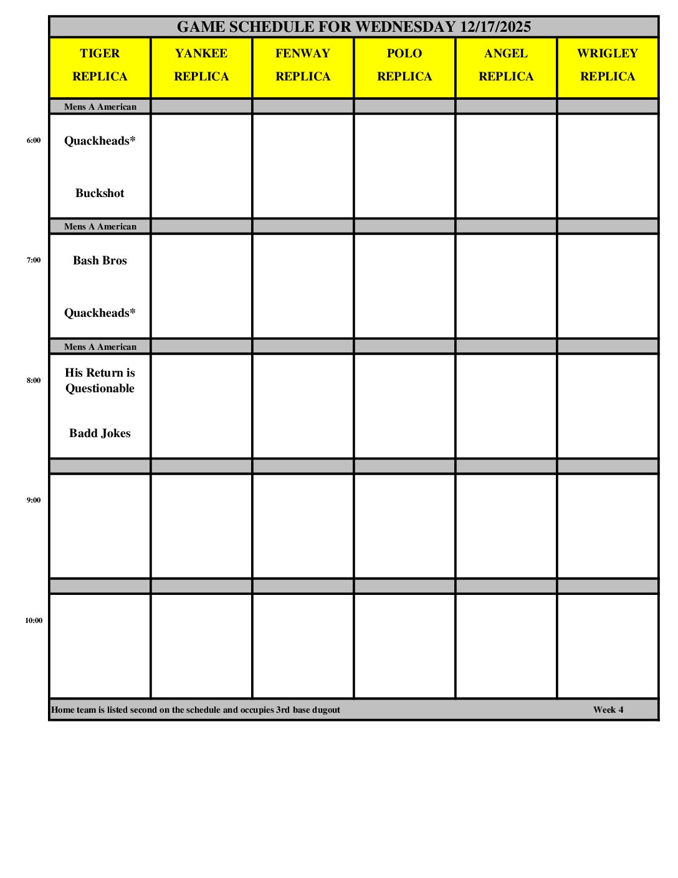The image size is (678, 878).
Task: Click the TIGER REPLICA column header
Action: (100, 65)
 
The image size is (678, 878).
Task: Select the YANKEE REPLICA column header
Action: (201, 65)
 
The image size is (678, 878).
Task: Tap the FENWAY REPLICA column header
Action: (303, 65)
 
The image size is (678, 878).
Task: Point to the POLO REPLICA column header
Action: (404, 65)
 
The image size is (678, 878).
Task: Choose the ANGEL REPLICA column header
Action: (506, 65)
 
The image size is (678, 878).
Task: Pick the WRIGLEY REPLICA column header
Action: (608, 65)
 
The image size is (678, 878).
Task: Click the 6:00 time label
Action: (34, 140)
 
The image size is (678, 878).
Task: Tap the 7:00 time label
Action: (34, 260)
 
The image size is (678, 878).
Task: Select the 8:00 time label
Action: (34, 380)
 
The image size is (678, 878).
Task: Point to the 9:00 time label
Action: (34, 500)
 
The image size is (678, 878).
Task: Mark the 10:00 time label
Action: (34, 620)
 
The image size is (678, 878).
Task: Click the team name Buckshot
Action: (100, 193)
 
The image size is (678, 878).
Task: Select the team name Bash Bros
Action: (100, 261)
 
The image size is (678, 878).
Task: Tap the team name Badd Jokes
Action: (100, 433)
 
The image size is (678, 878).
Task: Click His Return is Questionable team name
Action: (100, 380)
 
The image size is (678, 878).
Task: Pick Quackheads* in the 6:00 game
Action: (100, 141)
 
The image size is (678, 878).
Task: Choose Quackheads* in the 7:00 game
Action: (100, 313)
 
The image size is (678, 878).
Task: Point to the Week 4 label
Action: (608, 710)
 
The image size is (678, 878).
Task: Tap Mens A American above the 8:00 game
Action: (100, 347)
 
